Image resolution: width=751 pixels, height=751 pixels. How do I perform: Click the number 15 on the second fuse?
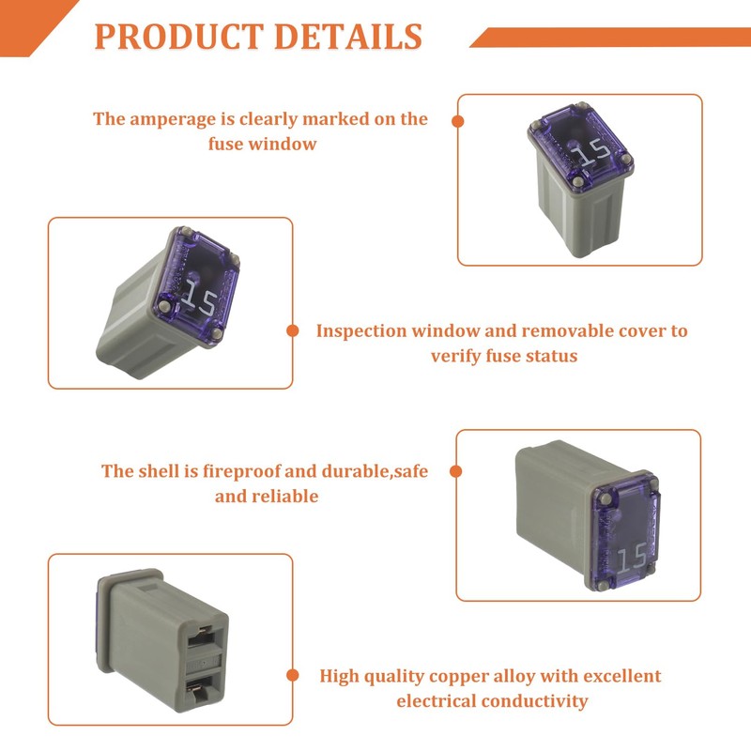pyautogui.click(x=198, y=299)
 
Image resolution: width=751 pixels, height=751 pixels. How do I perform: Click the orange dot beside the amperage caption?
pyautogui.click(x=458, y=121)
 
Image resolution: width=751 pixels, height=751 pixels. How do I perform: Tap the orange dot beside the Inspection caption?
pyautogui.click(x=292, y=330)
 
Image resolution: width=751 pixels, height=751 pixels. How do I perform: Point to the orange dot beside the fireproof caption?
pyautogui.click(x=457, y=471)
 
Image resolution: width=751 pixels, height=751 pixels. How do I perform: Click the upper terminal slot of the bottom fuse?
pyautogui.click(x=202, y=636)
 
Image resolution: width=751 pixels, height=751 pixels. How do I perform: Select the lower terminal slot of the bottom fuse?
pyautogui.click(x=202, y=693)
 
